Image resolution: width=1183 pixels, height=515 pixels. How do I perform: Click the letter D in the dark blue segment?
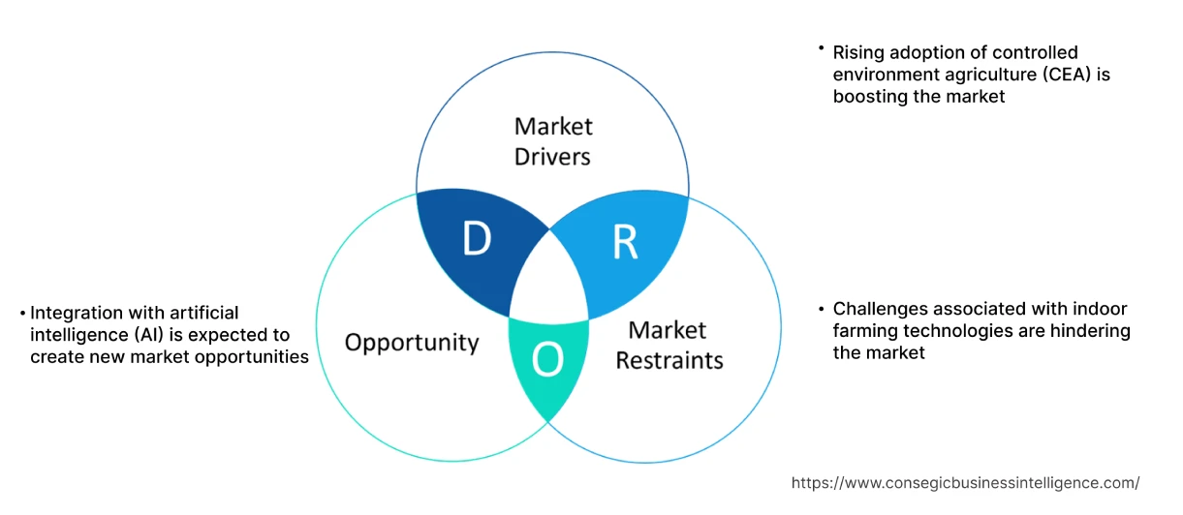click(x=476, y=240)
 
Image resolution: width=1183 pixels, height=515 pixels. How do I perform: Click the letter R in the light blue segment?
click(x=625, y=244)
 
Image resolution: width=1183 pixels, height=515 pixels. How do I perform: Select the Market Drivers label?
click(x=553, y=141)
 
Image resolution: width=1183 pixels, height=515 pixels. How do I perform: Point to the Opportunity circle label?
click(x=412, y=343)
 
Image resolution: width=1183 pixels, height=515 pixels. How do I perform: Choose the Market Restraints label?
click(x=669, y=346)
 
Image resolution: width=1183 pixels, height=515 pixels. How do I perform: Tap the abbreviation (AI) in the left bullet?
click(x=186, y=335)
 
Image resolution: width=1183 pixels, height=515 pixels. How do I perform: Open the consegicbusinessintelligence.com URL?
click(x=965, y=483)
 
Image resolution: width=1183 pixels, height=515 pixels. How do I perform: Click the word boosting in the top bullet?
click(x=867, y=97)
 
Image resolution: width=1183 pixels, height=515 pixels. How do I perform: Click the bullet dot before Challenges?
click(x=821, y=309)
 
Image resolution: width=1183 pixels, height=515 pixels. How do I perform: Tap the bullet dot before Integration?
click(x=21, y=313)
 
